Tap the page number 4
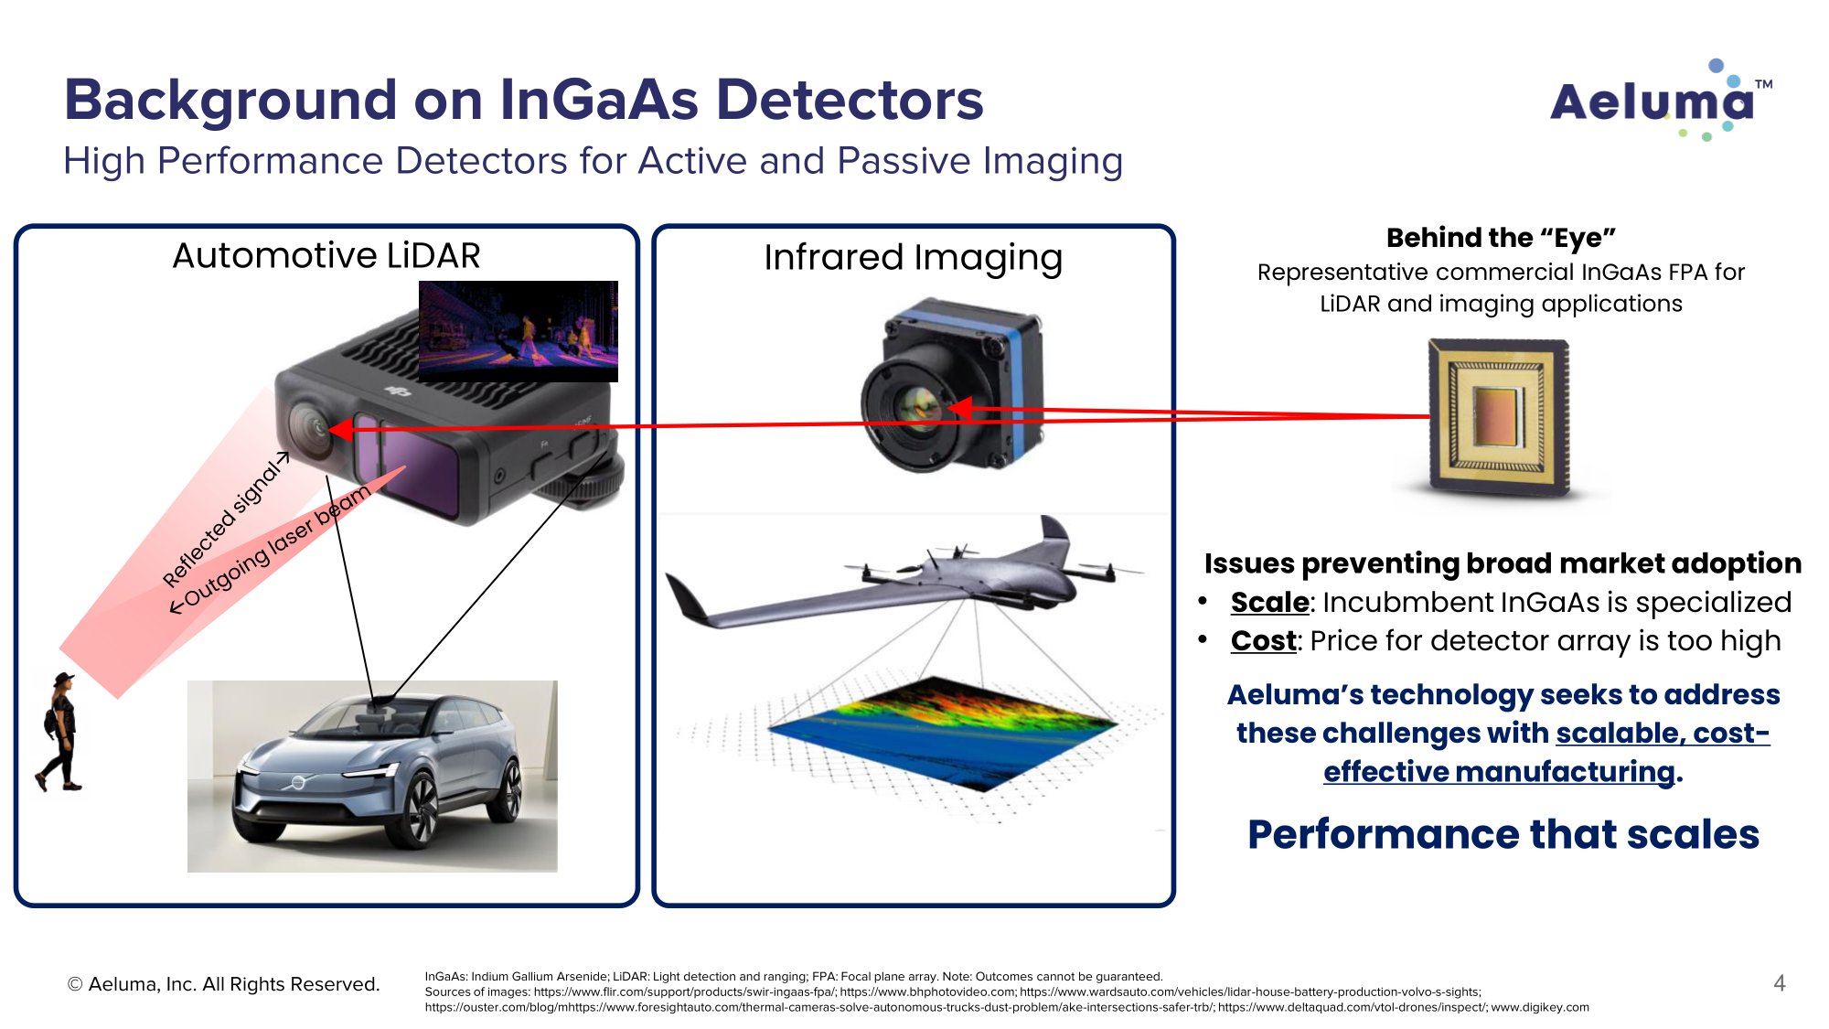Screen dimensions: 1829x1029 click(1779, 983)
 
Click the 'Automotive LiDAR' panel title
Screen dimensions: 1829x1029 click(326, 255)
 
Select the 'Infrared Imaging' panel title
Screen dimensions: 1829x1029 click(913, 258)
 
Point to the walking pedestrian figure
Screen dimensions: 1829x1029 click(59, 732)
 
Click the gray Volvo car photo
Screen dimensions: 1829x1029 click(372, 776)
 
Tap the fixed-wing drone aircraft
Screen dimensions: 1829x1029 click(905, 573)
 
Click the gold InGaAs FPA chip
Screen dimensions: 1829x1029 click(1499, 417)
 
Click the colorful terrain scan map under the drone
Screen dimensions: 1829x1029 click(942, 733)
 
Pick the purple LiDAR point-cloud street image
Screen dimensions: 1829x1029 click(519, 331)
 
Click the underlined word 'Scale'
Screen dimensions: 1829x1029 click(1269, 603)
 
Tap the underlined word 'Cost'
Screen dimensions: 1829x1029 click(1263, 641)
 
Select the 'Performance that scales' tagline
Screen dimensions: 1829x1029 click(1503, 834)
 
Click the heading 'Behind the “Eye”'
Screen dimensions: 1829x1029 click(1501, 238)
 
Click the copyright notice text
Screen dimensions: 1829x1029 click(223, 984)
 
